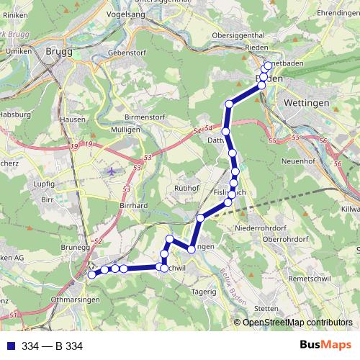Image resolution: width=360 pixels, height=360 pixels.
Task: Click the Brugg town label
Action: click(59, 51)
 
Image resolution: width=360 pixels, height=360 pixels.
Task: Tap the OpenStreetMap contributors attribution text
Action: click(294, 323)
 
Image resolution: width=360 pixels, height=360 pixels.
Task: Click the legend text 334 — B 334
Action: click(53, 346)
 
